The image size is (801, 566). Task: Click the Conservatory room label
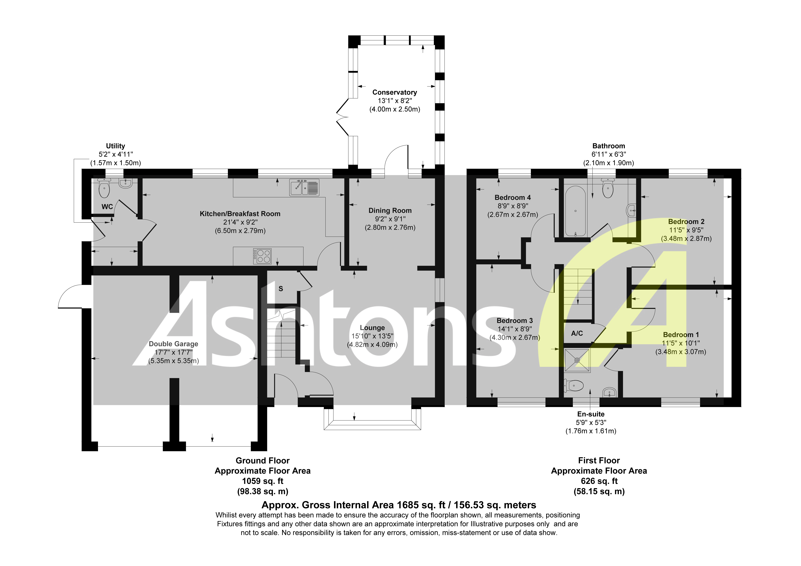(x=395, y=92)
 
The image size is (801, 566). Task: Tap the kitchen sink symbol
(x=304, y=187)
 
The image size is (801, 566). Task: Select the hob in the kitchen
(x=262, y=256)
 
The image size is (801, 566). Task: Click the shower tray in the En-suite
(x=577, y=360)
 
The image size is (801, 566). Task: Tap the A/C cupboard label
(x=577, y=333)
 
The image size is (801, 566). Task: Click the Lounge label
(x=372, y=328)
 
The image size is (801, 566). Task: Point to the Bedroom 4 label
(x=512, y=198)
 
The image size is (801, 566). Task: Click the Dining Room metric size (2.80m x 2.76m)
(x=390, y=228)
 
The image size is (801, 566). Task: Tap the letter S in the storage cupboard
(x=281, y=289)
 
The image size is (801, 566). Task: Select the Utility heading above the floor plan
(x=115, y=146)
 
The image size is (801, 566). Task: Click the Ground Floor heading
(x=262, y=461)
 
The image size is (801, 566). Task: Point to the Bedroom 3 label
(x=515, y=320)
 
